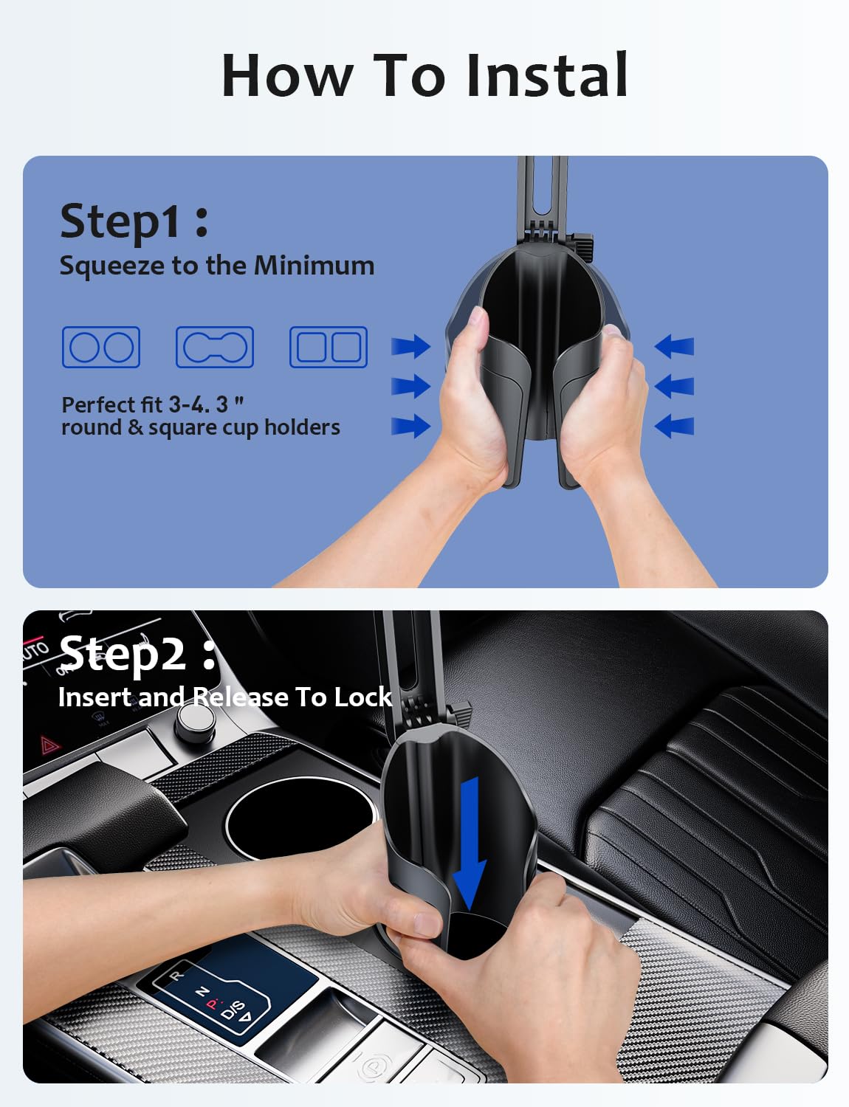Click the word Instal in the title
[x=547, y=75]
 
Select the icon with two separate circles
[x=101, y=347]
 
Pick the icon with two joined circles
[x=215, y=347]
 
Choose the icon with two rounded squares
[x=329, y=347]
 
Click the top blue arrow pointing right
[x=410, y=346]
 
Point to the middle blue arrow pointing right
[x=410, y=386]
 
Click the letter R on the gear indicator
[x=176, y=976]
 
